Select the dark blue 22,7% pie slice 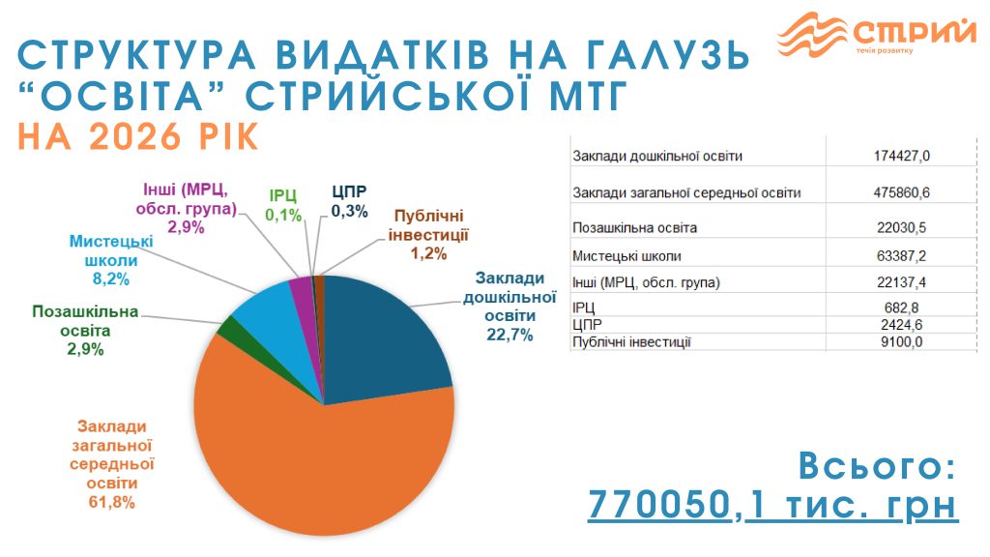pos(387,338)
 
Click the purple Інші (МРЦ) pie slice pos(302,288)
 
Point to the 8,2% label pos(111,278)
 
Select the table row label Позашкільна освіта pos(634,227)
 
